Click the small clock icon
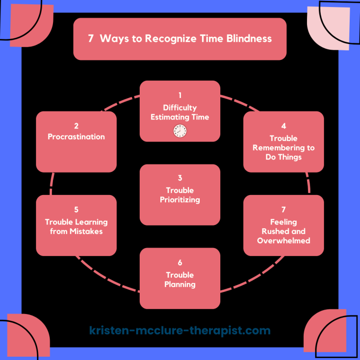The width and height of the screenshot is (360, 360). click(180, 131)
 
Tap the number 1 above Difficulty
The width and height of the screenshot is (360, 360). click(180, 96)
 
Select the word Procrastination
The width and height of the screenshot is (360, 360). click(76, 137)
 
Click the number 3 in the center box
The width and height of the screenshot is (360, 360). click(180, 178)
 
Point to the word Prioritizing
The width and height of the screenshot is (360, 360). click(180, 200)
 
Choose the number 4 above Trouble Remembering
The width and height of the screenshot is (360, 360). click(284, 126)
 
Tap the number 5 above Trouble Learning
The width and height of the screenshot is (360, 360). click(76, 210)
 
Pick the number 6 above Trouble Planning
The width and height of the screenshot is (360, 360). click(180, 262)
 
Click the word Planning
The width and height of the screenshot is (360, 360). click(180, 284)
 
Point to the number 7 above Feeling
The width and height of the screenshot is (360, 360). click(284, 210)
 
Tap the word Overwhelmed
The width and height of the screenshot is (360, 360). click(284, 240)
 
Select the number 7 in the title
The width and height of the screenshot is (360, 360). click(91, 39)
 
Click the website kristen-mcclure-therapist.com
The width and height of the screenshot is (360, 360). click(180, 331)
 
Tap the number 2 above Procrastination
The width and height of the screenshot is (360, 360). click(76, 126)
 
